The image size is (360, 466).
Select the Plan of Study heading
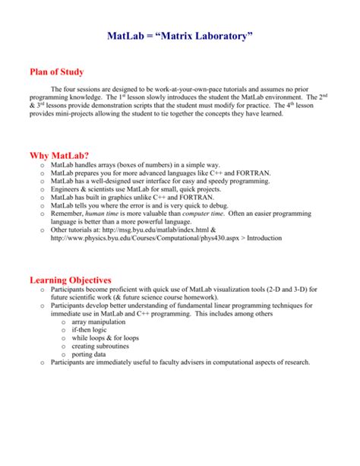[62, 73]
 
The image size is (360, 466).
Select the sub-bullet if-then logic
[91, 335]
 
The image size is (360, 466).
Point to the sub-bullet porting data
[89, 363]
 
